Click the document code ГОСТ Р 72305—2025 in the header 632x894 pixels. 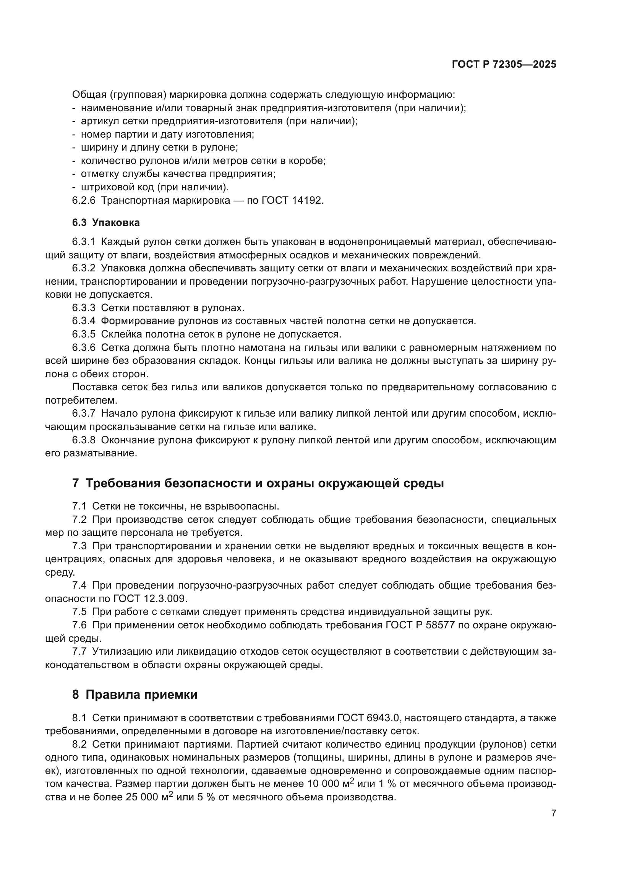click(x=504, y=65)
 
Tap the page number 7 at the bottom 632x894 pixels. click(x=553, y=813)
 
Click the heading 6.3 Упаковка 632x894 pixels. click(x=106, y=223)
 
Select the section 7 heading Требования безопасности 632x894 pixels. click(x=258, y=483)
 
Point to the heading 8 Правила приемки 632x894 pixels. click(x=135, y=694)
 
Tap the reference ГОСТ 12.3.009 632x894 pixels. click(x=150, y=599)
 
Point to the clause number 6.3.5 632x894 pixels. click(x=84, y=334)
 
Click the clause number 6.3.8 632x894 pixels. click(x=84, y=440)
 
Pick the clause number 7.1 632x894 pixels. click(x=79, y=506)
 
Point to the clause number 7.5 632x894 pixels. click(x=79, y=612)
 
